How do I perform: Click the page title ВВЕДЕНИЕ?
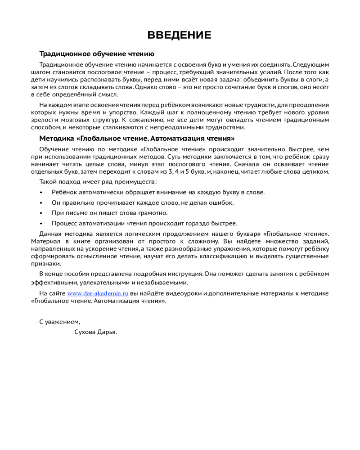click(x=180, y=36)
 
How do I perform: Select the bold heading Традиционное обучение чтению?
click(x=97, y=54)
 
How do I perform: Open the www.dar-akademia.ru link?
click(x=98, y=293)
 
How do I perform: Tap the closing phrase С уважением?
click(x=59, y=322)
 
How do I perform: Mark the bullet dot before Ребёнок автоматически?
click(x=41, y=192)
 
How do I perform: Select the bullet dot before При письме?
click(x=41, y=213)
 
